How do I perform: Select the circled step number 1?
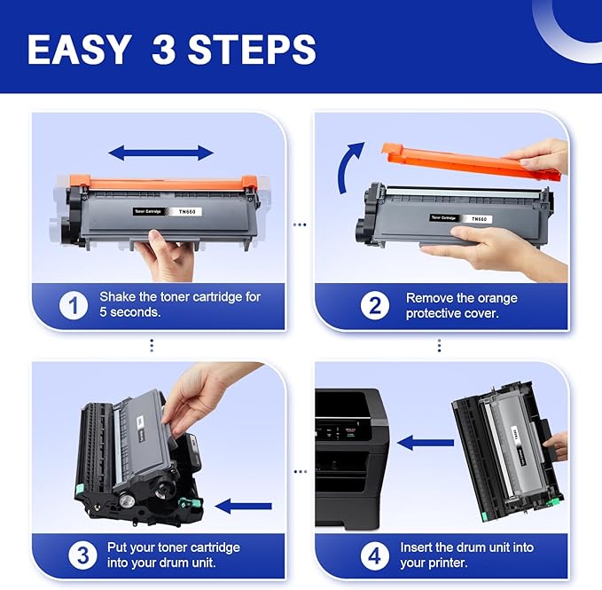click(74, 305)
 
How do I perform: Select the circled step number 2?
click(375, 305)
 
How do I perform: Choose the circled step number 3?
click(82, 556)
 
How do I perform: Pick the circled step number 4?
click(375, 556)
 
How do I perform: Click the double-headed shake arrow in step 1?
click(160, 153)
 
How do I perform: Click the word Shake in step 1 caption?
click(118, 297)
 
